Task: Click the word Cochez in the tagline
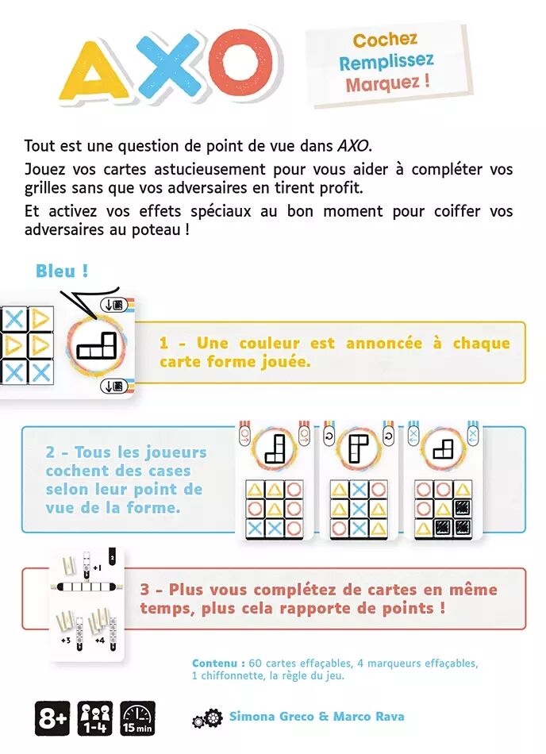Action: [x=385, y=40]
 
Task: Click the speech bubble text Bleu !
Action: [x=62, y=271]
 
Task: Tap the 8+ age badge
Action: [x=52, y=718]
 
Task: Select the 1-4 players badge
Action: [x=94, y=718]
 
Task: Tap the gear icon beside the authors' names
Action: [x=208, y=719]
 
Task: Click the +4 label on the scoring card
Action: [x=98, y=640]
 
